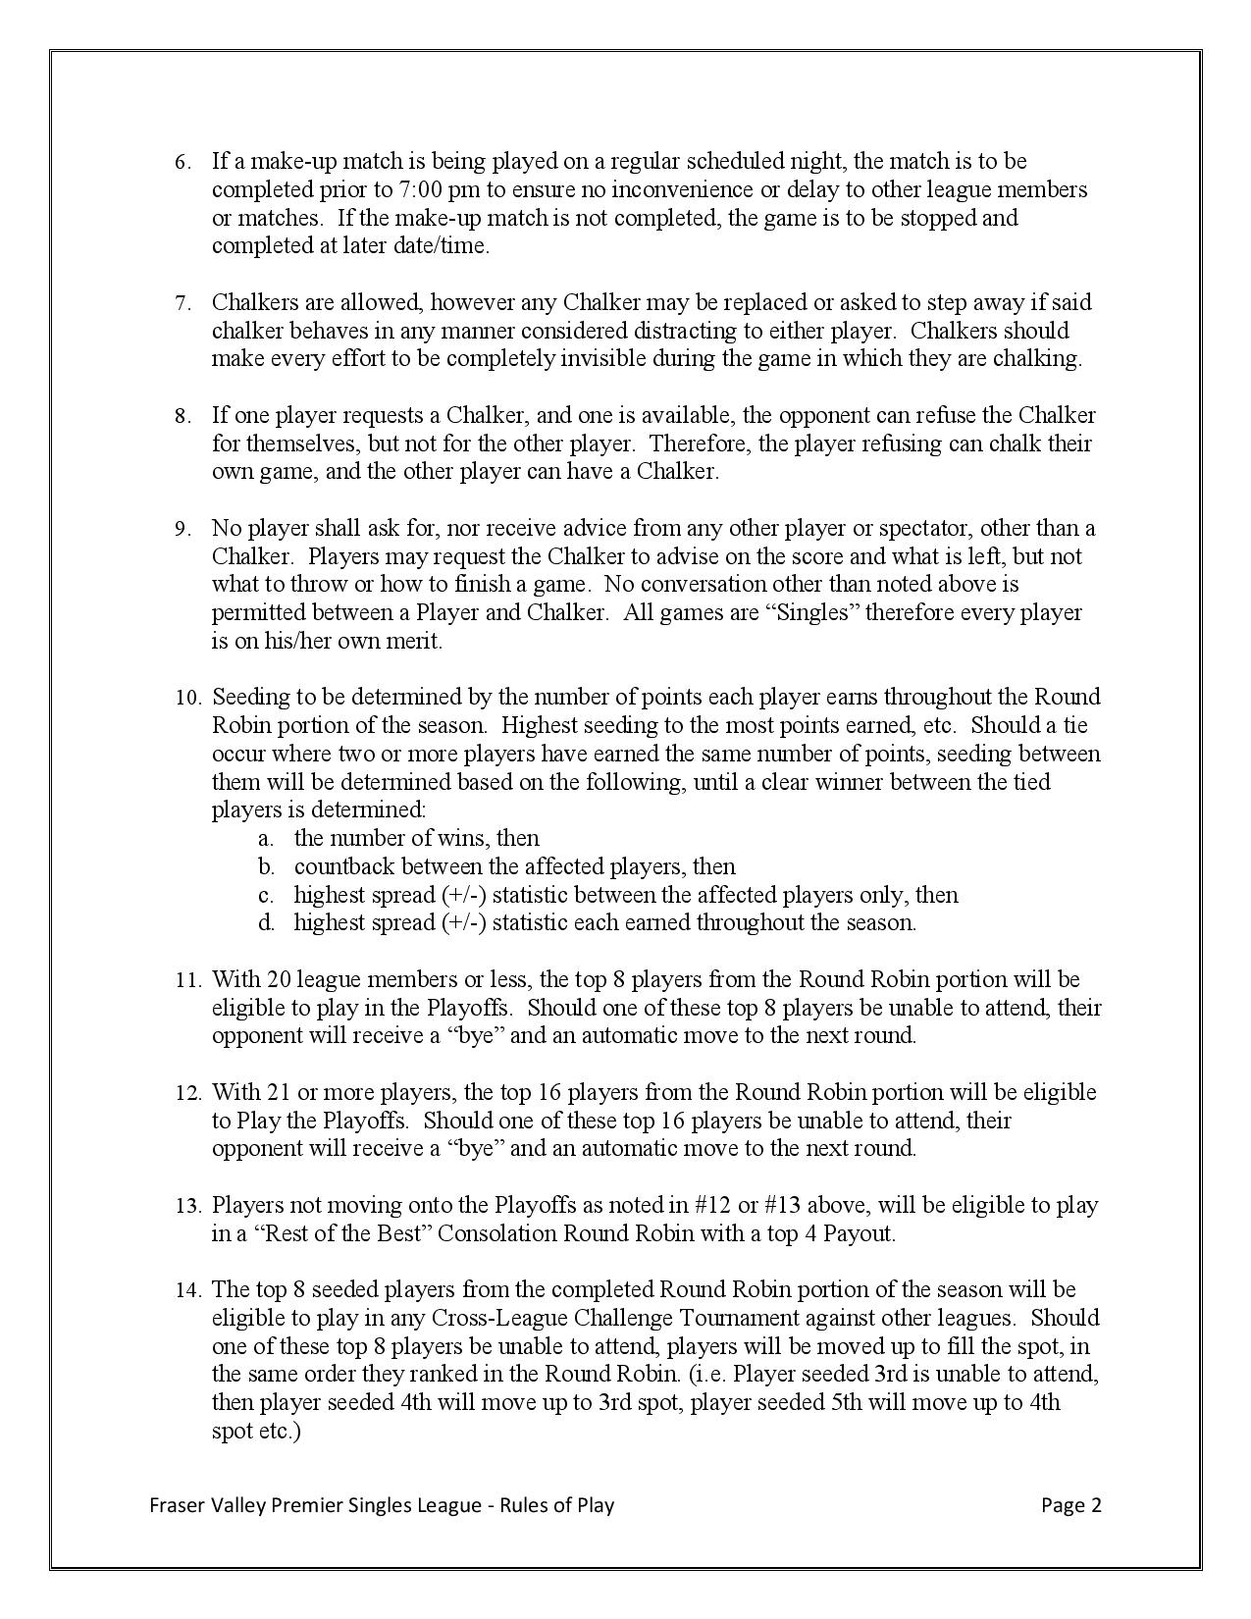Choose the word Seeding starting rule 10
point(251,698)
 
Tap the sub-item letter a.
point(264,839)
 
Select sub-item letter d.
point(265,923)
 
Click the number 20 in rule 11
point(279,979)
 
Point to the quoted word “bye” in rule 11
point(476,1035)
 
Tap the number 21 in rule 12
point(279,1092)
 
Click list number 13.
point(186,1206)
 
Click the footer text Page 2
point(1071,1505)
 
